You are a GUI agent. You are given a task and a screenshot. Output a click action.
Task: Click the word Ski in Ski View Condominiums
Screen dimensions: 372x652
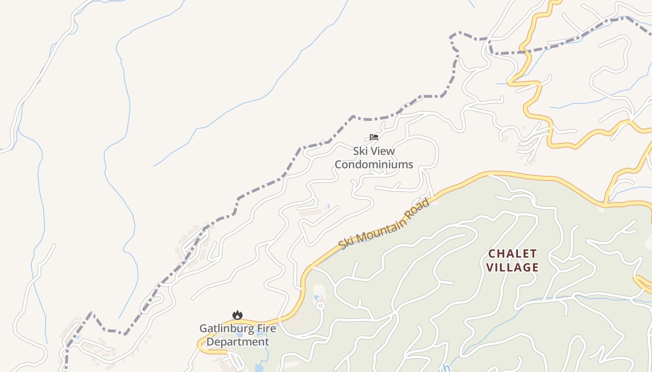click(360, 151)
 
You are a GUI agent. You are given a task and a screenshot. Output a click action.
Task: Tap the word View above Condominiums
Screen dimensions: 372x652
click(381, 151)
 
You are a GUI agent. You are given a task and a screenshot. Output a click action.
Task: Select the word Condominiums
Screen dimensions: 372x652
click(374, 165)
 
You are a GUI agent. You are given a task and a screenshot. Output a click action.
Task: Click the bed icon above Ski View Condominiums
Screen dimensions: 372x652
click(374, 137)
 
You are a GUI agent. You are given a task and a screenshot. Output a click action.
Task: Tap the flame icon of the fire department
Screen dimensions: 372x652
click(238, 315)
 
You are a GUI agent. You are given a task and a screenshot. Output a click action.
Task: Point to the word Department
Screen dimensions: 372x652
click(238, 342)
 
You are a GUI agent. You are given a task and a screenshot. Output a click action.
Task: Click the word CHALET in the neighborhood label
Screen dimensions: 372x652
click(512, 254)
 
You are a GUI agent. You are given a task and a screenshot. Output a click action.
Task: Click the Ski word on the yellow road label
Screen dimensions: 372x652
click(346, 243)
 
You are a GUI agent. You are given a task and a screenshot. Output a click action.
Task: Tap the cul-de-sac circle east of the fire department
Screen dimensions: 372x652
click(320, 306)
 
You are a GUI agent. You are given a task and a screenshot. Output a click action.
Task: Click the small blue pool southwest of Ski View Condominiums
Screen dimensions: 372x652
click(328, 206)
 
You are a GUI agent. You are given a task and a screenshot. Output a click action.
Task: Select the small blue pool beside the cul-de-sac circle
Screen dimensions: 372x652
click(316, 297)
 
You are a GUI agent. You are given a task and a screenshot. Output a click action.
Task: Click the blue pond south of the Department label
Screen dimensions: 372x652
click(259, 368)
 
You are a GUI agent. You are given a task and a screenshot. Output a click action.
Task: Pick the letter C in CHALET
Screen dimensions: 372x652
click(492, 254)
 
